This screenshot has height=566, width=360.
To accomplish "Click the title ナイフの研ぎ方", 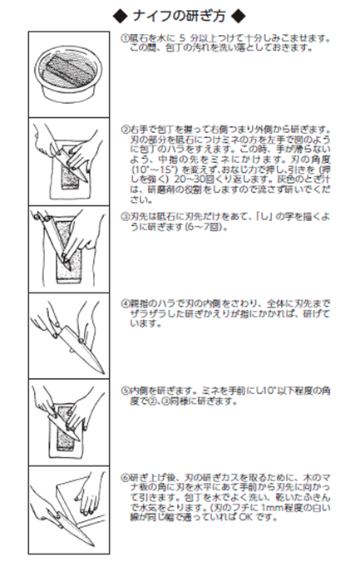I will (x=180, y=14).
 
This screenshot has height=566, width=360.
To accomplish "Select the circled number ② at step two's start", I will (x=123, y=130).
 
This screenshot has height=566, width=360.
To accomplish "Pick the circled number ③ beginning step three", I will (x=123, y=214).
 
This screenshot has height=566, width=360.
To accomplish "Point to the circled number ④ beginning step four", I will (x=123, y=303).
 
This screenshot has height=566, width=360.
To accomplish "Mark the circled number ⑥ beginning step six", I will (x=123, y=475).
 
